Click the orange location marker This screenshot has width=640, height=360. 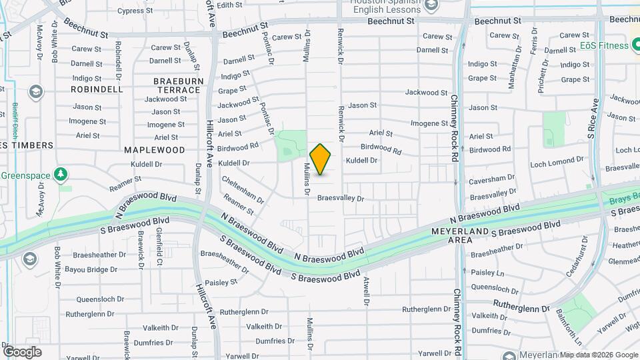tap(321, 159)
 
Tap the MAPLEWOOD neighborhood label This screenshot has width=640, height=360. tap(154, 150)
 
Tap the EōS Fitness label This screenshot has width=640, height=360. tap(604, 45)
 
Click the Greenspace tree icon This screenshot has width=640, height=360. tap(62, 174)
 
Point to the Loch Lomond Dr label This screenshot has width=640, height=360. tap(557, 163)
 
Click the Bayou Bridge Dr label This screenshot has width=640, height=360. tap(91, 269)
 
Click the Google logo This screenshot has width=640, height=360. tap(22, 351)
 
